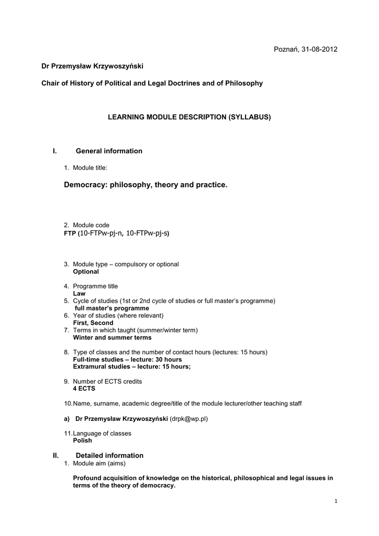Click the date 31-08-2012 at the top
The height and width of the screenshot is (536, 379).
(x=319, y=49)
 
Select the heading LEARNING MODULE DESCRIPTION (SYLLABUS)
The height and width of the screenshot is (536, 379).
(x=189, y=117)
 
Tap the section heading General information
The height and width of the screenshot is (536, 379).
(x=109, y=151)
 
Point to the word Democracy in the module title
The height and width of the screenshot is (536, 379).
(x=85, y=185)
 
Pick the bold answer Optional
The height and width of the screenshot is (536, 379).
(x=86, y=272)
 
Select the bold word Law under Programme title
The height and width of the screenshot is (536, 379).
(x=79, y=294)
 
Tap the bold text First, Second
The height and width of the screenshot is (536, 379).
(x=93, y=323)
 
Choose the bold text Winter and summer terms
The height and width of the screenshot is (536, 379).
(x=112, y=338)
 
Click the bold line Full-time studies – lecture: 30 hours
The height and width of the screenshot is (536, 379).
(x=127, y=360)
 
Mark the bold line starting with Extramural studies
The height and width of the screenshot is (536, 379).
(x=132, y=367)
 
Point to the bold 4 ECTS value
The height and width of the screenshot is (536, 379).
(x=84, y=389)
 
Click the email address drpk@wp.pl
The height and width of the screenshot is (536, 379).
(x=189, y=419)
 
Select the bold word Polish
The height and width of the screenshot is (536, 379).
(x=82, y=441)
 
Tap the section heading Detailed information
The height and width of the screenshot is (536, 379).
(x=109, y=455)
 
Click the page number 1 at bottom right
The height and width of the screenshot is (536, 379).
(x=336, y=502)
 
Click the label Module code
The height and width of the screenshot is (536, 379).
(x=91, y=225)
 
